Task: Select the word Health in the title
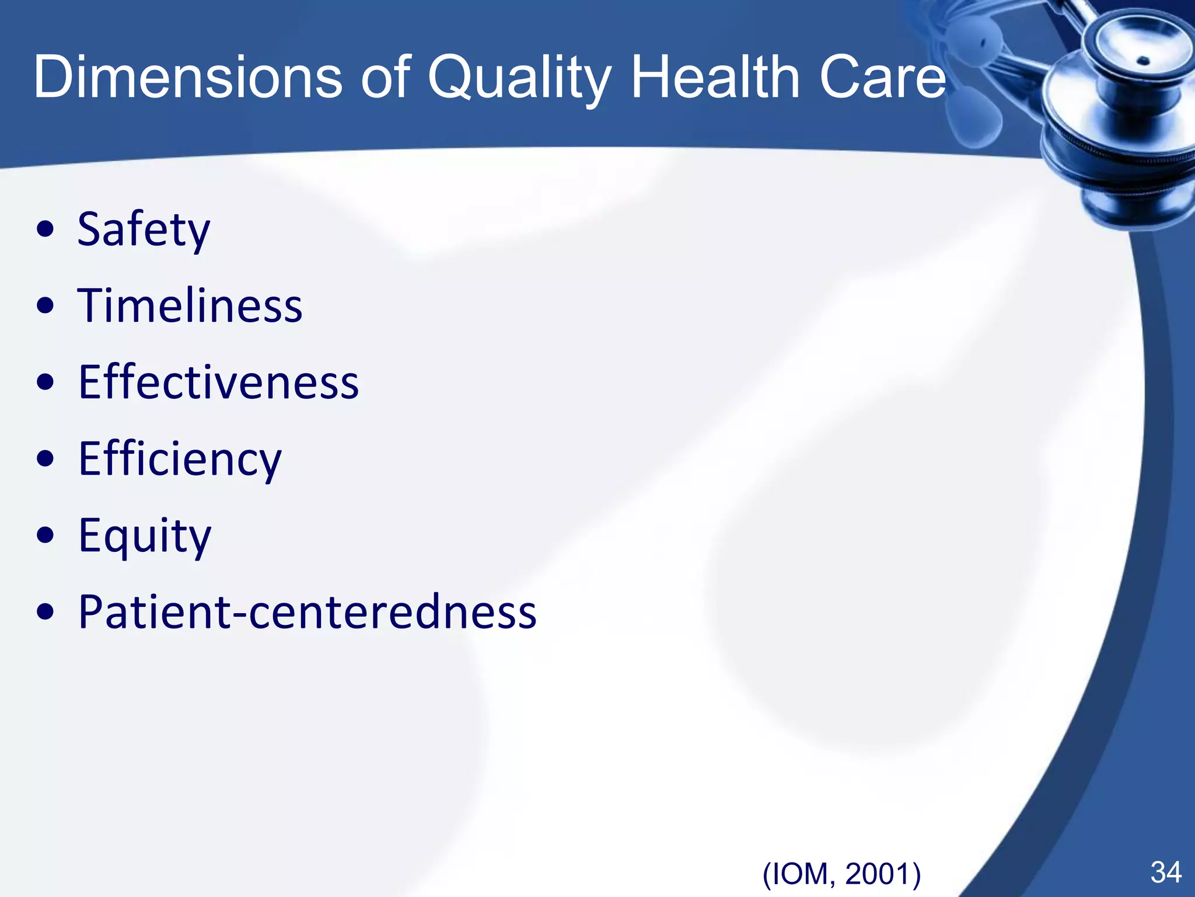[715, 78]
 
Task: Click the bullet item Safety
[144, 230]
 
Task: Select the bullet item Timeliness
[190, 305]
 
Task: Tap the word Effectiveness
[218, 383]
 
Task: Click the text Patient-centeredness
[307, 612]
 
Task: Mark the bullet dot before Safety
[45, 230]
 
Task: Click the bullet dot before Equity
[45, 536]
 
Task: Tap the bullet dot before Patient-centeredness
[45, 612]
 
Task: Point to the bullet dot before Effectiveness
[45, 383]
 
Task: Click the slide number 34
[1166, 872]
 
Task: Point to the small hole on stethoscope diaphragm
[1144, 60]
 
